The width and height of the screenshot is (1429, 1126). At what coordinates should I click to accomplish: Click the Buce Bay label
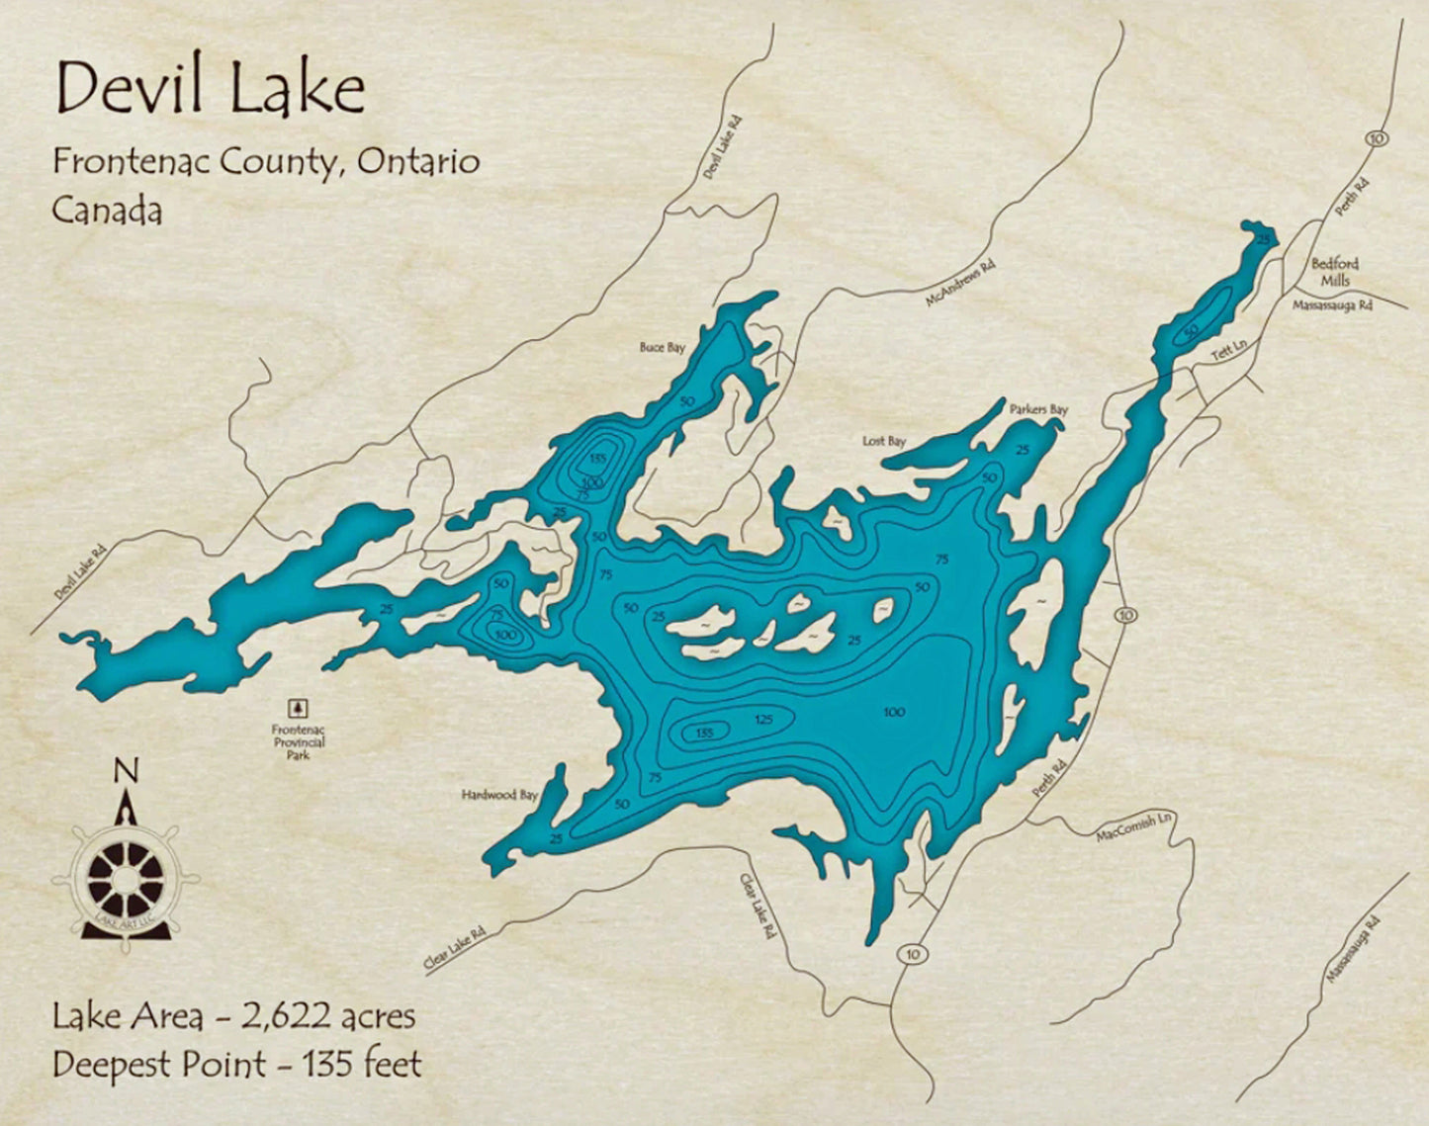coord(662,347)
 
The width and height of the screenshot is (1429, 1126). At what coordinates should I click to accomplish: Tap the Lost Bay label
coord(883,441)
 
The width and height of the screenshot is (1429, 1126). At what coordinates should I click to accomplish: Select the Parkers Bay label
coord(1037,409)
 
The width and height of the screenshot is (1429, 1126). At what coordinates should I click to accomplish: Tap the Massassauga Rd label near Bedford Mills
coord(1332,306)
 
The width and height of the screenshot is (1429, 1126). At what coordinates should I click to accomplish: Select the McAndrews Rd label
coord(959,284)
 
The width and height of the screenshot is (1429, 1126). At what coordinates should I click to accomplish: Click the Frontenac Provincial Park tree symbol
coord(298,708)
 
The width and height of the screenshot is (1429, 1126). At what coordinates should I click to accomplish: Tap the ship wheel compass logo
coord(126,874)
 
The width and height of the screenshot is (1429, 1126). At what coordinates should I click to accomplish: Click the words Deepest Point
coord(158,1065)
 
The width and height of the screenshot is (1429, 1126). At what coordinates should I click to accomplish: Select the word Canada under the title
coord(107,210)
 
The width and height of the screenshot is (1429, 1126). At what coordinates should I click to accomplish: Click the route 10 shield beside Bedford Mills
coord(1376,138)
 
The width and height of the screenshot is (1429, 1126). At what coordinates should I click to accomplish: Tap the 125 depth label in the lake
coord(762,720)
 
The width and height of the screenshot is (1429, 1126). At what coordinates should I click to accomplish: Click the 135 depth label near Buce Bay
coord(596,459)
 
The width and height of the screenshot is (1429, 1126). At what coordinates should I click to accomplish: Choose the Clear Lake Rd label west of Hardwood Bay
coord(455,946)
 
